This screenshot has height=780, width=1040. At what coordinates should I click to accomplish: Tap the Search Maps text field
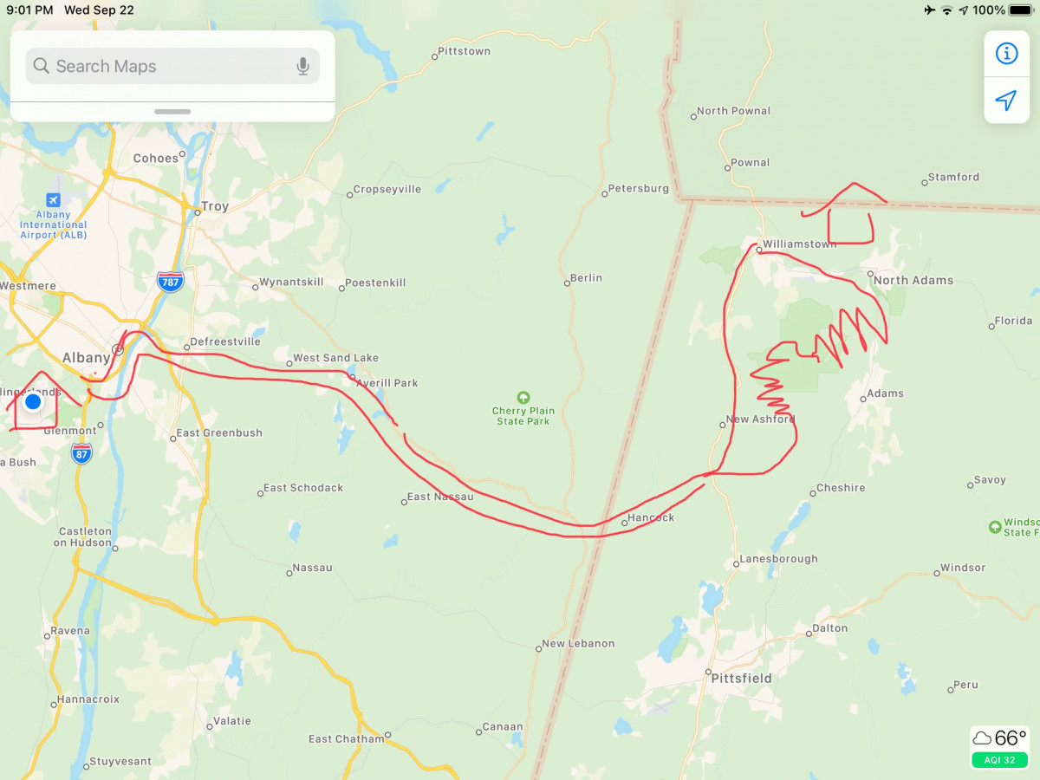165,67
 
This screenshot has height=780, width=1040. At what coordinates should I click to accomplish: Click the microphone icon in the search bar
302,67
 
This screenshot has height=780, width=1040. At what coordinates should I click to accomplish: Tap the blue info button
1005,54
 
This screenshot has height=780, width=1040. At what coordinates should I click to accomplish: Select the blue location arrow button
1005,101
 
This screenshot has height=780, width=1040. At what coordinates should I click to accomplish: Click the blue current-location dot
33,402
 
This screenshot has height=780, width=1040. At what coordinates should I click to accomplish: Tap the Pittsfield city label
741,678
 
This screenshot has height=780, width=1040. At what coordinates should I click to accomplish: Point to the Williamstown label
799,244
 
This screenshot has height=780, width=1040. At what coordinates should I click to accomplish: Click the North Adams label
913,280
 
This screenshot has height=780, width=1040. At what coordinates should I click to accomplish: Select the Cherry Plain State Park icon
523,398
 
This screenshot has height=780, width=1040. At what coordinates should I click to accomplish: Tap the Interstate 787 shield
171,281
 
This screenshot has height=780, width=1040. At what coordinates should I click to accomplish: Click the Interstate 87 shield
82,453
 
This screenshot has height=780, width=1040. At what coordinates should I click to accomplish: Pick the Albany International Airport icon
54,200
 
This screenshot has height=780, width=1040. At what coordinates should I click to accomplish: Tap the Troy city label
214,207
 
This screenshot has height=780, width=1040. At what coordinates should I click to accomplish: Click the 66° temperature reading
1010,738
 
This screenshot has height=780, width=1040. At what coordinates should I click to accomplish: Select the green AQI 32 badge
999,760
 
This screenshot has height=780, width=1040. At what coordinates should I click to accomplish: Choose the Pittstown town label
464,51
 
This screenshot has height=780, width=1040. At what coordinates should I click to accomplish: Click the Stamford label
953,177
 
